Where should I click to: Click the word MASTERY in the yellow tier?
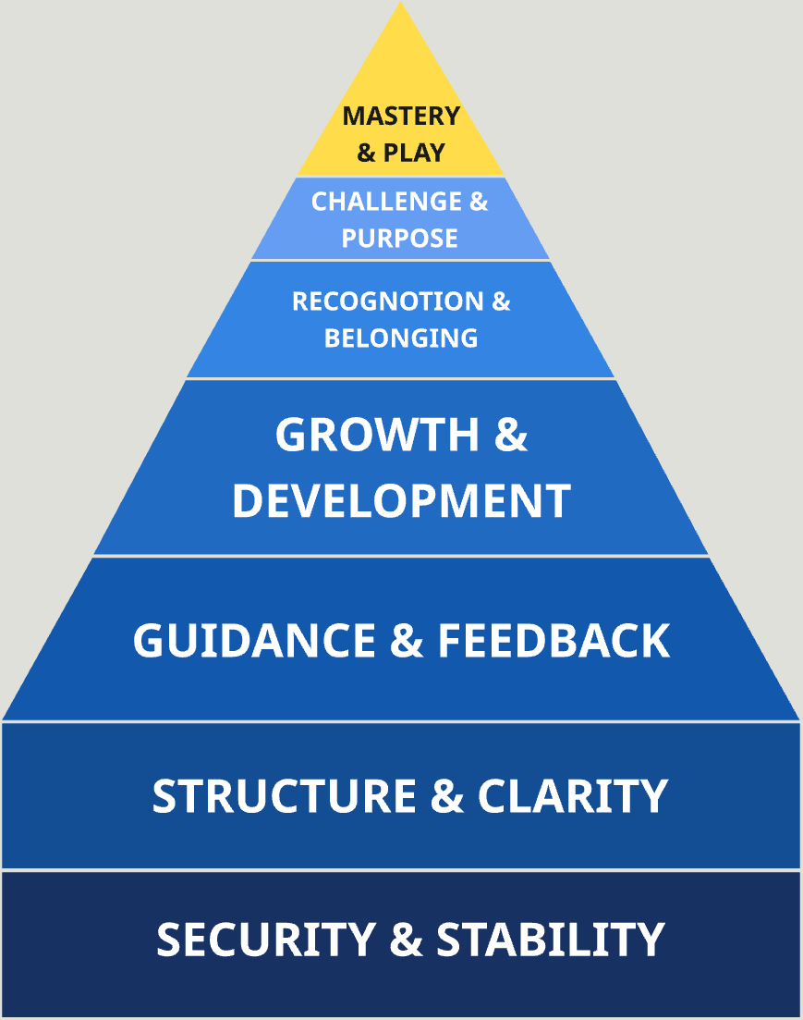pyautogui.click(x=401, y=117)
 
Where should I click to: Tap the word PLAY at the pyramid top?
pyautogui.click(x=415, y=152)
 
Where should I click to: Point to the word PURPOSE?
pyautogui.click(x=400, y=238)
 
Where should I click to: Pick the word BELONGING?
pyautogui.click(x=401, y=338)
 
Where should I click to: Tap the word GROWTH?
pyautogui.click(x=378, y=436)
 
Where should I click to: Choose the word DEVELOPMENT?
pyautogui.click(x=401, y=500)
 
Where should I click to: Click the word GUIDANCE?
pyautogui.click(x=255, y=641)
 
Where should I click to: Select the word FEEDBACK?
pyautogui.click(x=554, y=641)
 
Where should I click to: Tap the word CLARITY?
pyautogui.click(x=573, y=796)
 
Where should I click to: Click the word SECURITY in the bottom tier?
pyautogui.click(x=265, y=940)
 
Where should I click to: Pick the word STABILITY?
pyautogui.click(x=551, y=940)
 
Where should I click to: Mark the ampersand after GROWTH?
pyautogui.click(x=511, y=436)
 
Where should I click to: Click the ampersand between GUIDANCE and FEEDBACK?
pyautogui.click(x=407, y=641)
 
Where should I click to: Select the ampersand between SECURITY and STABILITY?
pyautogui.click(x=407, y=940)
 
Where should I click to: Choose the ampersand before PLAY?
pyautogui.click(x=367, y=152)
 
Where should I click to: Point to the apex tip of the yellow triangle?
pyautogui.click(x=401, y=4)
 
